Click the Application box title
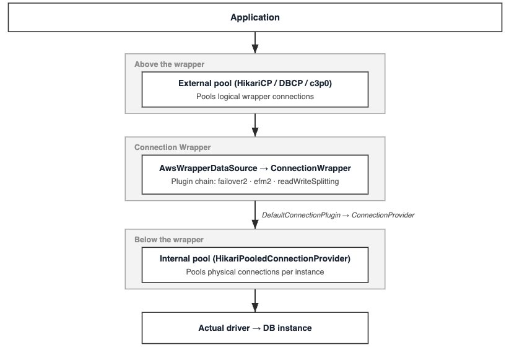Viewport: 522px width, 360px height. [x=255, y=17]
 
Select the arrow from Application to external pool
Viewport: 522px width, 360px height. [x=255, y=43]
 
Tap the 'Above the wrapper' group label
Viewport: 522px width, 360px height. [x=169, y=64]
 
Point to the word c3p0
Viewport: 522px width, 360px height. [x=320, y=83]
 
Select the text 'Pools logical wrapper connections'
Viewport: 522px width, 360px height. [x=255, y=97]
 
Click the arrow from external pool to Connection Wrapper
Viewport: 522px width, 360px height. [x=255, y=125]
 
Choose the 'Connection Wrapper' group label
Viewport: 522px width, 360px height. [x=172, y=147]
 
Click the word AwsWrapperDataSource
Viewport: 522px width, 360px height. [x=208, y=168]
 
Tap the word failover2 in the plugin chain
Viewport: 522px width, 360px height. [x=232, y=182]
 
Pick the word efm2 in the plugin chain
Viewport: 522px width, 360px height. [x=263, y=182]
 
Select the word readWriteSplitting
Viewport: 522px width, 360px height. [x=308, y=182]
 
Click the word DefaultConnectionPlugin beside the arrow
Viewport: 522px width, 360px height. [x=301, y=215]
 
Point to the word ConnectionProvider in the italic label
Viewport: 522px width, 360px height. [x=383, y=215]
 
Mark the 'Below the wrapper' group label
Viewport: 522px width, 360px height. [x=169, y=240]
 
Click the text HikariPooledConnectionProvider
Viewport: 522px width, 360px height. [x=281, y=259]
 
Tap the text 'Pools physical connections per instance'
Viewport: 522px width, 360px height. [x=255, y=272]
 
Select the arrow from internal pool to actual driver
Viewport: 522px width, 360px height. [x=255, y=301]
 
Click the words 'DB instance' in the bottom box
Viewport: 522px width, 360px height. [x=287, y=328]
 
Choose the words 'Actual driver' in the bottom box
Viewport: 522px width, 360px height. [x=224, y=328]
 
